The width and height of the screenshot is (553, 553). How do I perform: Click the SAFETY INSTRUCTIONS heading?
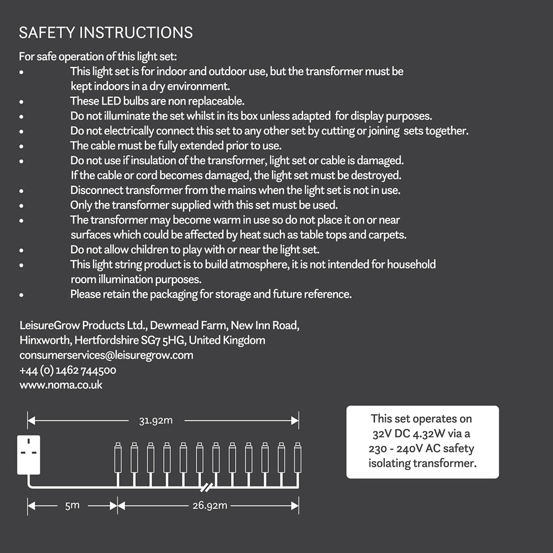click(x=106, y=33)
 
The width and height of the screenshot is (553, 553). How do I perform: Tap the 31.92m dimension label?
click(x=155, y=420)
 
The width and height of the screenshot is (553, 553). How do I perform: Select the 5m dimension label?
click(x=72, y=505)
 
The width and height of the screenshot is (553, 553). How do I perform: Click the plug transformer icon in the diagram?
click(x=28, y=455)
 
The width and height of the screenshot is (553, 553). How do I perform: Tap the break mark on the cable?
click(x=207, y=488)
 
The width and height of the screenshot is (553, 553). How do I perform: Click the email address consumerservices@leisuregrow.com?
click(x=106, y=355)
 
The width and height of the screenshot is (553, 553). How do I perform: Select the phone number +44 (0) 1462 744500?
click(x=67, y=370)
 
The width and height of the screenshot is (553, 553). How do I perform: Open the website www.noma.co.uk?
click(x=61, y=385)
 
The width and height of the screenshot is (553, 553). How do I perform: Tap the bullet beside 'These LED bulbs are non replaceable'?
click(x=21, y=102)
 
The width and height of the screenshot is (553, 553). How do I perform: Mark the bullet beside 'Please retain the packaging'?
click(x=21, y=295)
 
